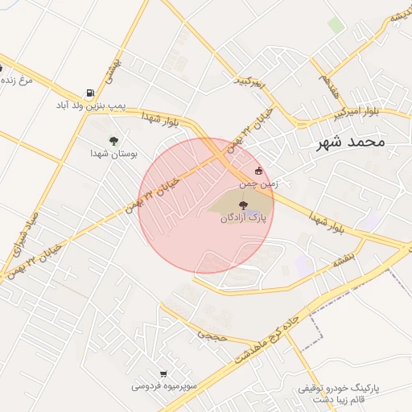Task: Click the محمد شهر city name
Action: tap(347, 142)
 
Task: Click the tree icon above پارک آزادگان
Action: tap(244, 205)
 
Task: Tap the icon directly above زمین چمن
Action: tap(258, 171)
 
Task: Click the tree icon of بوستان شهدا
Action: tap(113, 140)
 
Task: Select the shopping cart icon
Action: tap(164, 374)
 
